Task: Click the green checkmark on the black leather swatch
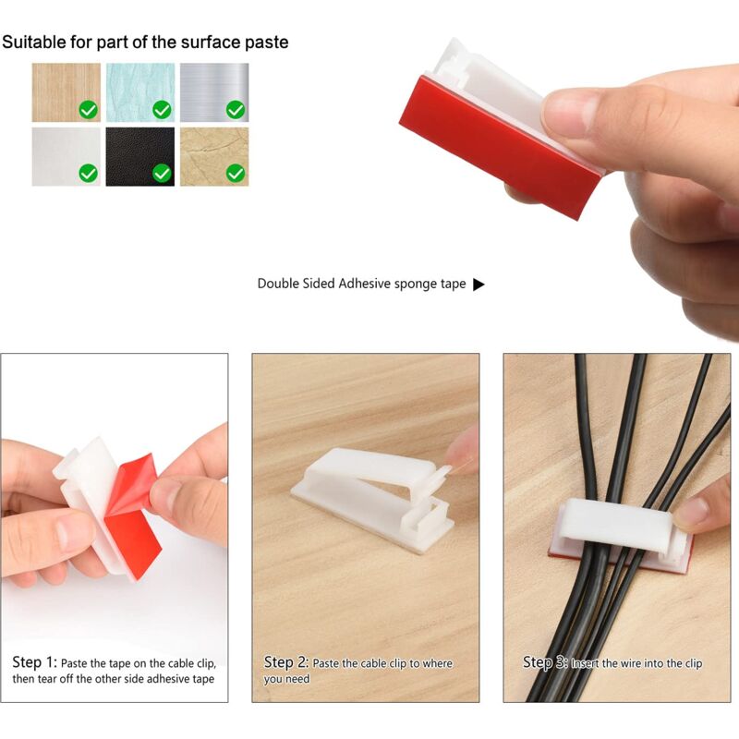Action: pyautogui.click(x=162, y=173)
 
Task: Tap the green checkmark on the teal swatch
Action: pyautogui.click(x=162, y=110)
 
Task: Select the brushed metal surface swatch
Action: pyautogui.click(x=214, y=92)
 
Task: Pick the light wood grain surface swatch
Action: pyautogui.click(x=66, y=92)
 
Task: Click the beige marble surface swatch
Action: pyautogui.click(x=214, y=156)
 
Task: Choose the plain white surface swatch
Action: pyautogui.click(x=66, y=156)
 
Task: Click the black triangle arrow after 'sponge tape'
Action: pyautogui.click(x=479, y=285)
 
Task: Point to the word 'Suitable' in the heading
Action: pyautogui.click(x=34, y=42)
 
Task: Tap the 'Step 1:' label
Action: pyautogui.click(x=34, y=662)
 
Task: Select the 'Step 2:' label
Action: pyautogui.click(x=286, y=662)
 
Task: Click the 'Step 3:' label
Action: pyautogui.click(x=545, y=662)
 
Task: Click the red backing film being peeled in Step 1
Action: pyautogui.click(x=133, y=514)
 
